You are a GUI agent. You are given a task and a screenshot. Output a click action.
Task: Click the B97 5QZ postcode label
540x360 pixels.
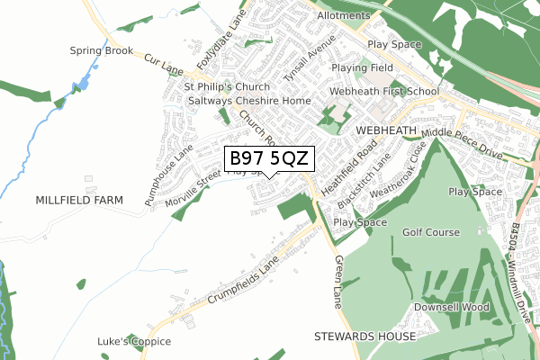(269, 159)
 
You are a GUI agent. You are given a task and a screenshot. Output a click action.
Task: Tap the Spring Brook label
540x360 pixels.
(103, 50)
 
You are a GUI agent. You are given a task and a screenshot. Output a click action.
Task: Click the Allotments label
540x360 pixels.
(343, 16)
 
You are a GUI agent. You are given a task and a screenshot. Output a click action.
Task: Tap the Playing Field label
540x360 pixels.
(362, 67)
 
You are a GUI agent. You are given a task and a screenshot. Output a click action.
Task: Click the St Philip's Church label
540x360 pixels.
(221, 87)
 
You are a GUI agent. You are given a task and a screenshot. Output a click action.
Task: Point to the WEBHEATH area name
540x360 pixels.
(387, 130)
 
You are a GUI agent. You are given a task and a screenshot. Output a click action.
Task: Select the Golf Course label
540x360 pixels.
(431, 232)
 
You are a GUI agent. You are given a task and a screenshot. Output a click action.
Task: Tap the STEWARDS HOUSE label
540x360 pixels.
(365, 336)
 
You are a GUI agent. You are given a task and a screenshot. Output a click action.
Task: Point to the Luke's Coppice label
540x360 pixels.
(134, 342)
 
